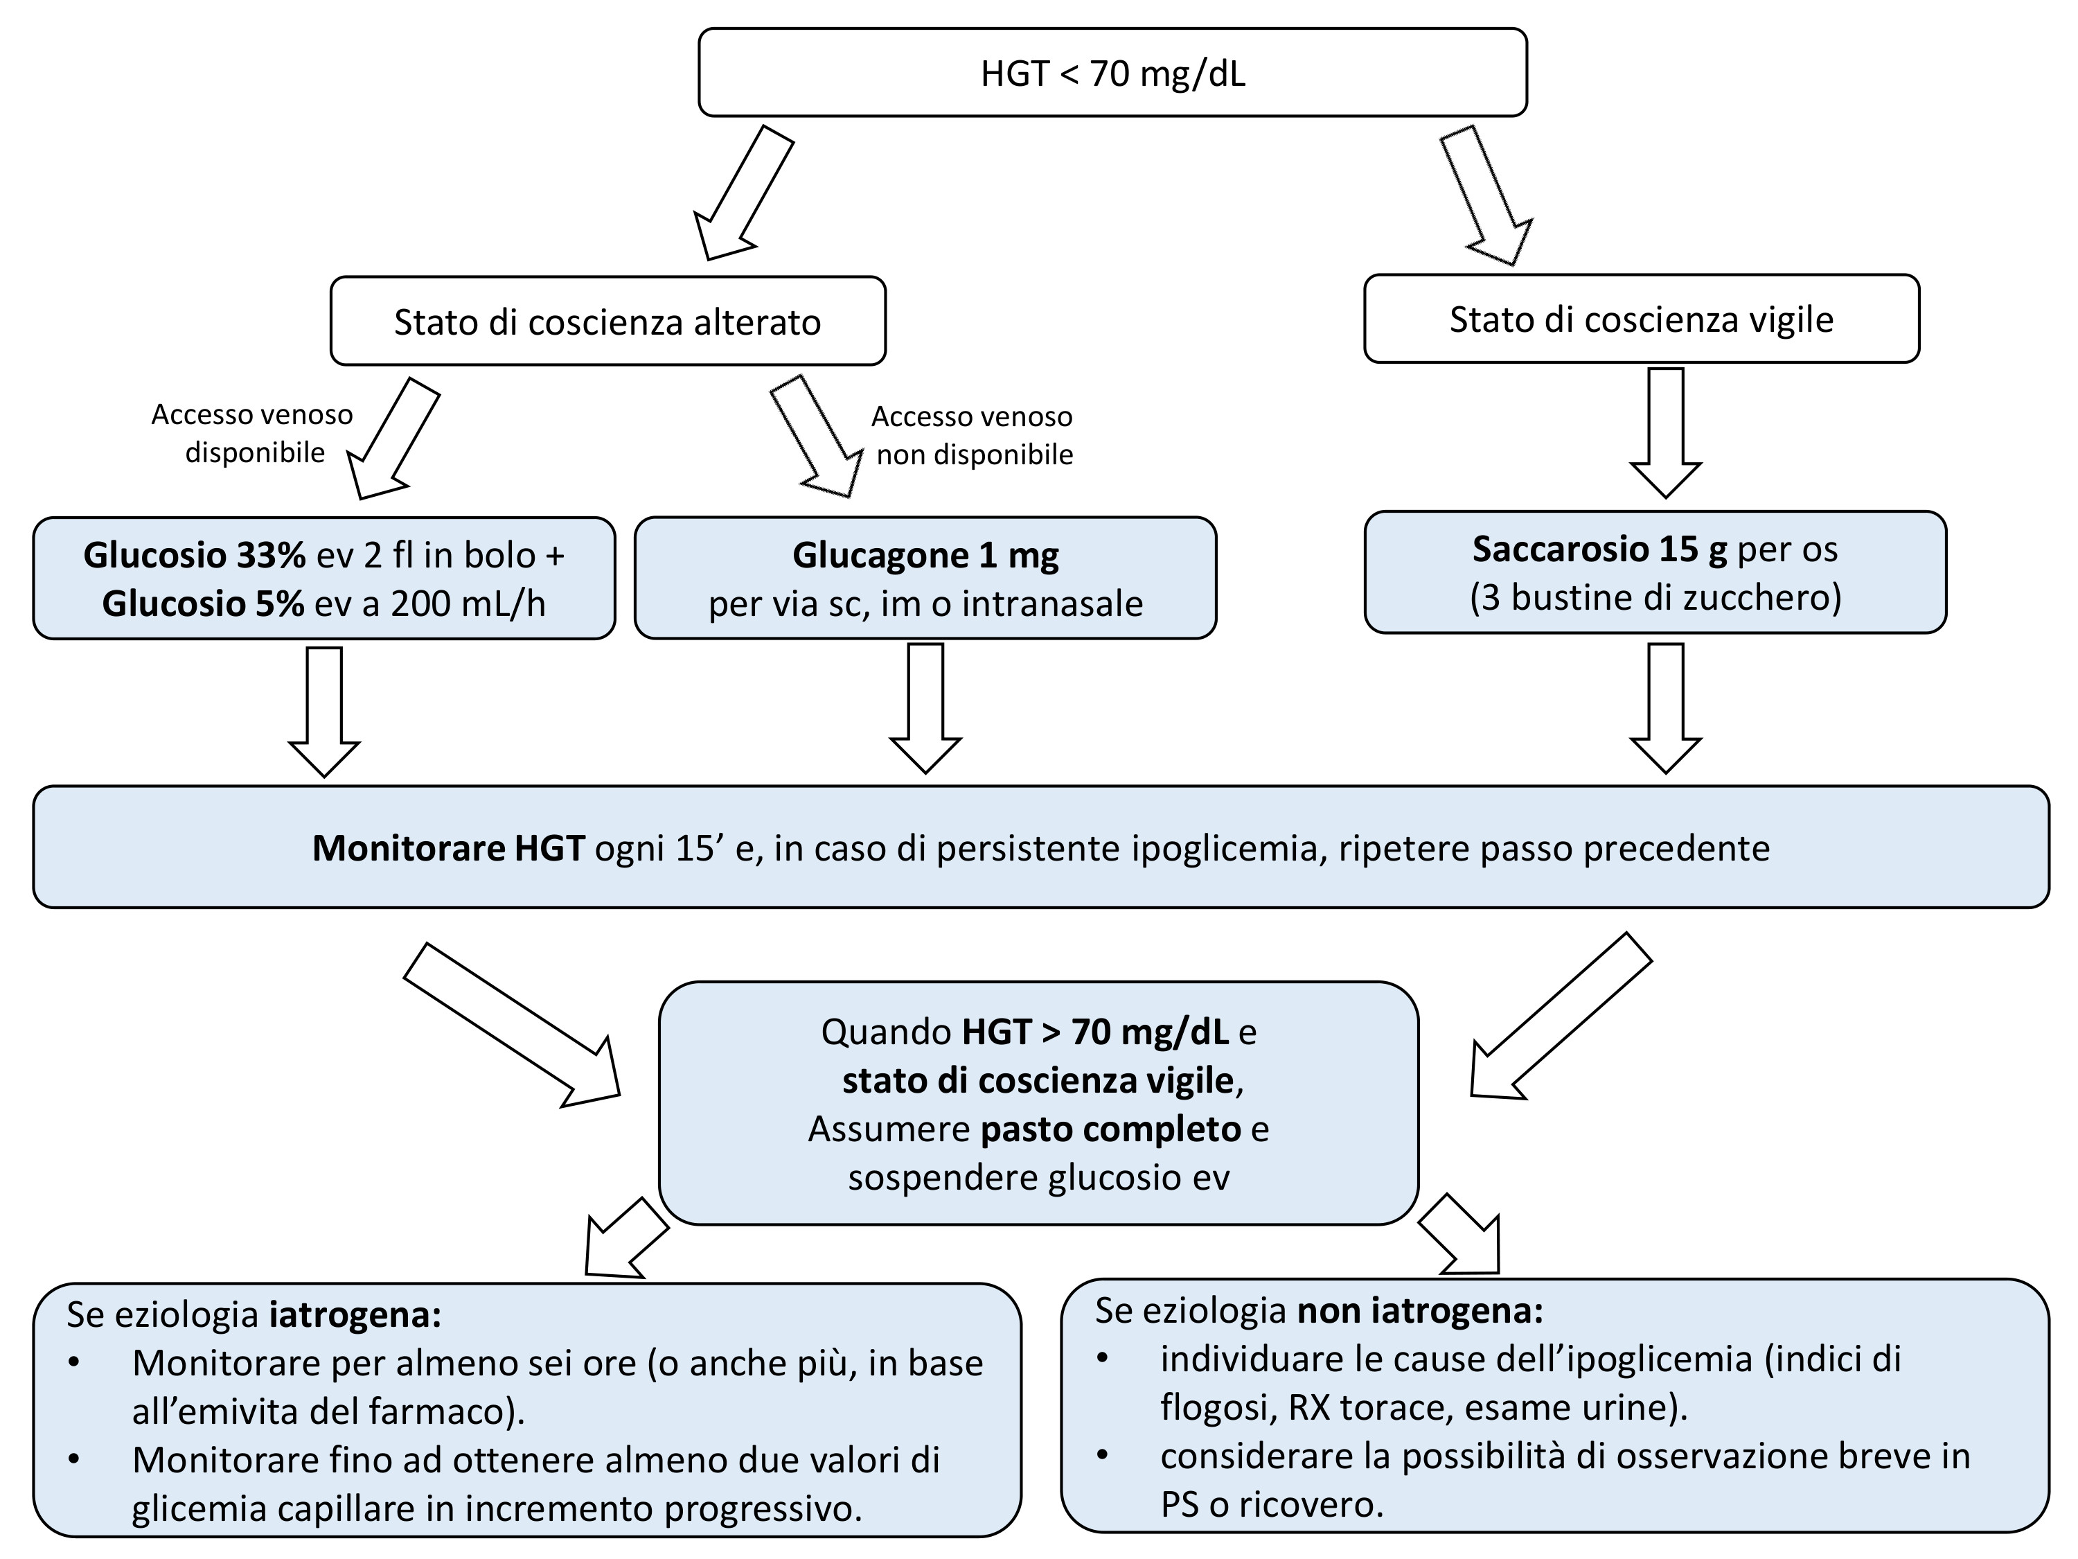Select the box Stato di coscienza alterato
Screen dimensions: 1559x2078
tap(607, 322)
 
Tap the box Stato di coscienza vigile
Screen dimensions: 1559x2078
tap(1640, 319)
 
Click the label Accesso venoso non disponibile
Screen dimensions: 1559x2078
tap(973, 435)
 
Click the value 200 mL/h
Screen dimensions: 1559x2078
tap(468, 604)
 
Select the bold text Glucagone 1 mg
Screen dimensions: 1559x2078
tap(925, 556)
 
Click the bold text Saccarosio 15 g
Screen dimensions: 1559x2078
tap(1599, 549)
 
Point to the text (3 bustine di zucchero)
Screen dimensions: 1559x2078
tap(1655, 598)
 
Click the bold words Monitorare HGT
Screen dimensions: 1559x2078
tap(448, 849)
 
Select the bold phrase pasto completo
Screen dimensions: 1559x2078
tap(1110, 1129)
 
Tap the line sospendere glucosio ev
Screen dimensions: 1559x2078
tap(1038, 1177)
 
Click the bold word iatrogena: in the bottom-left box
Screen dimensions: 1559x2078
tap(355, 1314)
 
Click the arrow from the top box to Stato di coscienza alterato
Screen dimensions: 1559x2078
tap(741, 195)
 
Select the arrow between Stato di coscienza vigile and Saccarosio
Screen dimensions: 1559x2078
tap(1666, 432)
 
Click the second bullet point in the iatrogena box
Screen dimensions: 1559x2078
tap(74, 1459)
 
